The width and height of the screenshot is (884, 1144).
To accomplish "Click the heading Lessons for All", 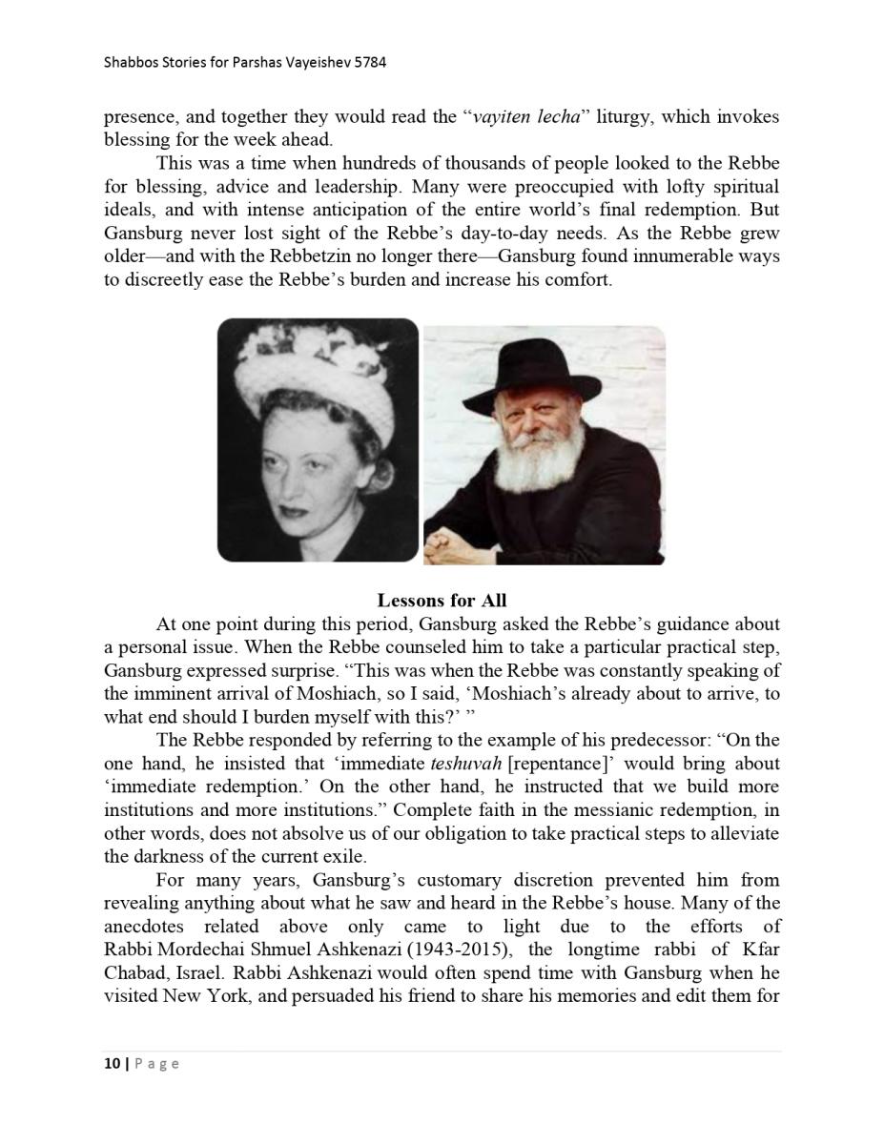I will tap(442, 601).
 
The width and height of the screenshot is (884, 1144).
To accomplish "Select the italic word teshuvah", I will tap(466, 764).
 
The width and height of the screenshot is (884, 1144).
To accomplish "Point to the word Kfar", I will tap(758, 950).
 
